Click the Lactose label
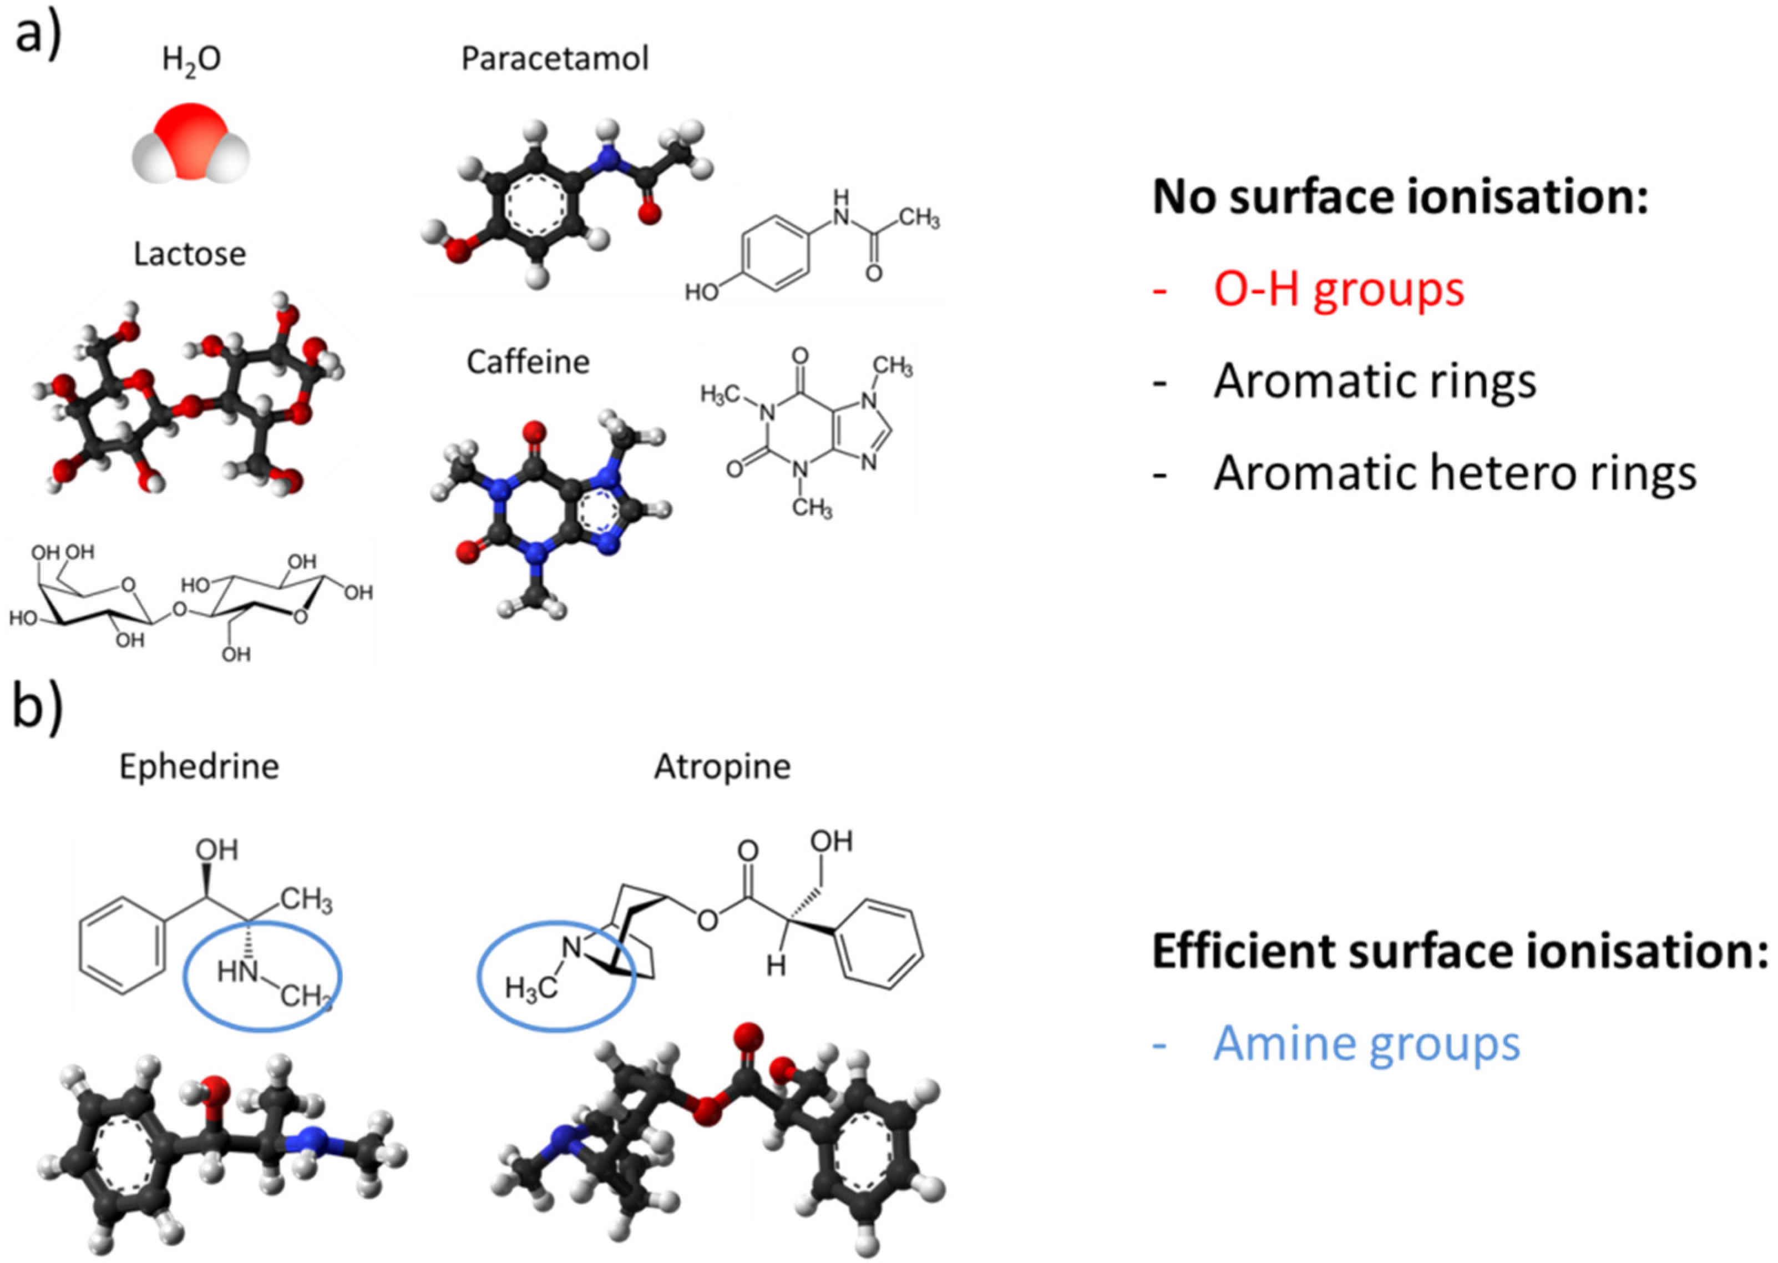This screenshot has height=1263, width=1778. click(190, 254)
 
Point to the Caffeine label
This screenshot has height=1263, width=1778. click(528, 362)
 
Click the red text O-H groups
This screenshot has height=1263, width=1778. click(1339, 289)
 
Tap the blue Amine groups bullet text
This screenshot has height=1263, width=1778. click(1366, 1044)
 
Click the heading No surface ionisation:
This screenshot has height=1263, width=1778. click(1400, 197)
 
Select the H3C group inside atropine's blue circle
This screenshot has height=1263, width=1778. click(531, 989)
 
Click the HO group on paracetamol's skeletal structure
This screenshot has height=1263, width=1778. click(701, 292)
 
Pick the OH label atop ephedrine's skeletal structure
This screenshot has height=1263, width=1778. click(216, 850)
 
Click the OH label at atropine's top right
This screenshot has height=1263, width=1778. click(831, 841)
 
